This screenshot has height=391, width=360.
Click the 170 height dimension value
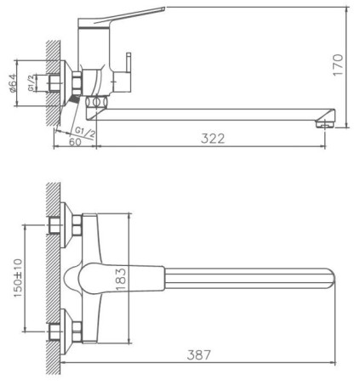tap(338, 65)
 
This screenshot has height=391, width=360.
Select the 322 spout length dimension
tap(213, 139)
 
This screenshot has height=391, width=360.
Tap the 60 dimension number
tap(75, 142)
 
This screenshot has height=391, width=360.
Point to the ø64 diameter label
tap(13, 83)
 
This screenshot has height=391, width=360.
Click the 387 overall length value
tap(199, 354)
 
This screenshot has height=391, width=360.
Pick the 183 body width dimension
tap(121, 279)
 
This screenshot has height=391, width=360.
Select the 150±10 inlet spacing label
tap(18, 278)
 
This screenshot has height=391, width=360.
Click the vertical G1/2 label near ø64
tap(31, 82)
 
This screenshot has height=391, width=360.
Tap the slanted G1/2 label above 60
tap(85, 132)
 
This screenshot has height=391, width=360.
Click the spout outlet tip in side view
tap(325, 124)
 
